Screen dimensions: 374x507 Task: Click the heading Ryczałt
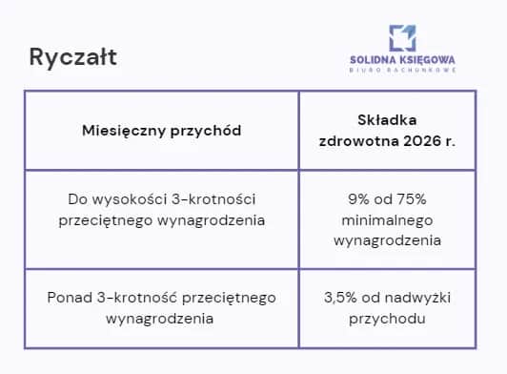coord(73,58)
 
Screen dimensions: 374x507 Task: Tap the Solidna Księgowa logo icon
coord(401,37)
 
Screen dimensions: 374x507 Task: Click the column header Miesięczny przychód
coord(160,130)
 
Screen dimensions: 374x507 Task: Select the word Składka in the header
coord(386,120)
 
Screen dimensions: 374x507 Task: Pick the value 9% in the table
coord(360,198)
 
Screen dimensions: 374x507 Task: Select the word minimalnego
coord(387,219)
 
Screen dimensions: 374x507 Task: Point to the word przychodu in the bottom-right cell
coord(387,318)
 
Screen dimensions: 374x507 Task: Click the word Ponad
coord(67,298)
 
